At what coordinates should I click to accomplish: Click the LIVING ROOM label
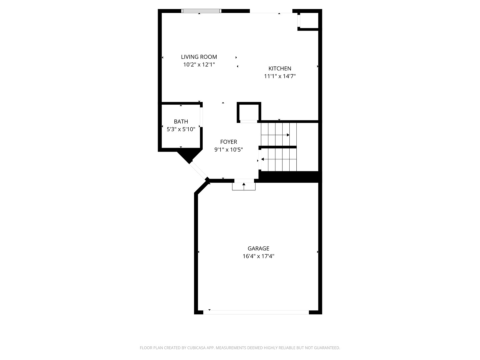pos(199,57)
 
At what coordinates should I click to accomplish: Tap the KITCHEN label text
pos(280,68)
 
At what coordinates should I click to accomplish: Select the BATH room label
pos(181,122)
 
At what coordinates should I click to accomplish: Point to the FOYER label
pos(228,142)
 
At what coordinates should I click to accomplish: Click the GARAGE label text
pos(258,248)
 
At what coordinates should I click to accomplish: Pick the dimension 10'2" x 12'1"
pos(199,65)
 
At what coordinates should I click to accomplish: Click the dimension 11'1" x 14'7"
pos(280,76)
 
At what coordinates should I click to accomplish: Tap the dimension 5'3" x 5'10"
pos(181,129)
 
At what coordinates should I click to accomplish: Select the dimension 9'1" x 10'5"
pos(228,150)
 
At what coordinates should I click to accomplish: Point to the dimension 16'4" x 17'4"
pos(258,256)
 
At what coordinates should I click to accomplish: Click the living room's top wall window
pos(201,11)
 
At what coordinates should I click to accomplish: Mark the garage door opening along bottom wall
pos(256,312)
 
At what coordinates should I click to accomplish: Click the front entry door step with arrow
pos(244,186)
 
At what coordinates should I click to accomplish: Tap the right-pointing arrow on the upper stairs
pos(288,135)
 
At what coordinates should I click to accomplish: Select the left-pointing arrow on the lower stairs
pos(263,159)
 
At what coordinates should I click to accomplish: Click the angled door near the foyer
pos(199,171)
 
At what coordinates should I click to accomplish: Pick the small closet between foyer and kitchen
pos(249,112)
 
